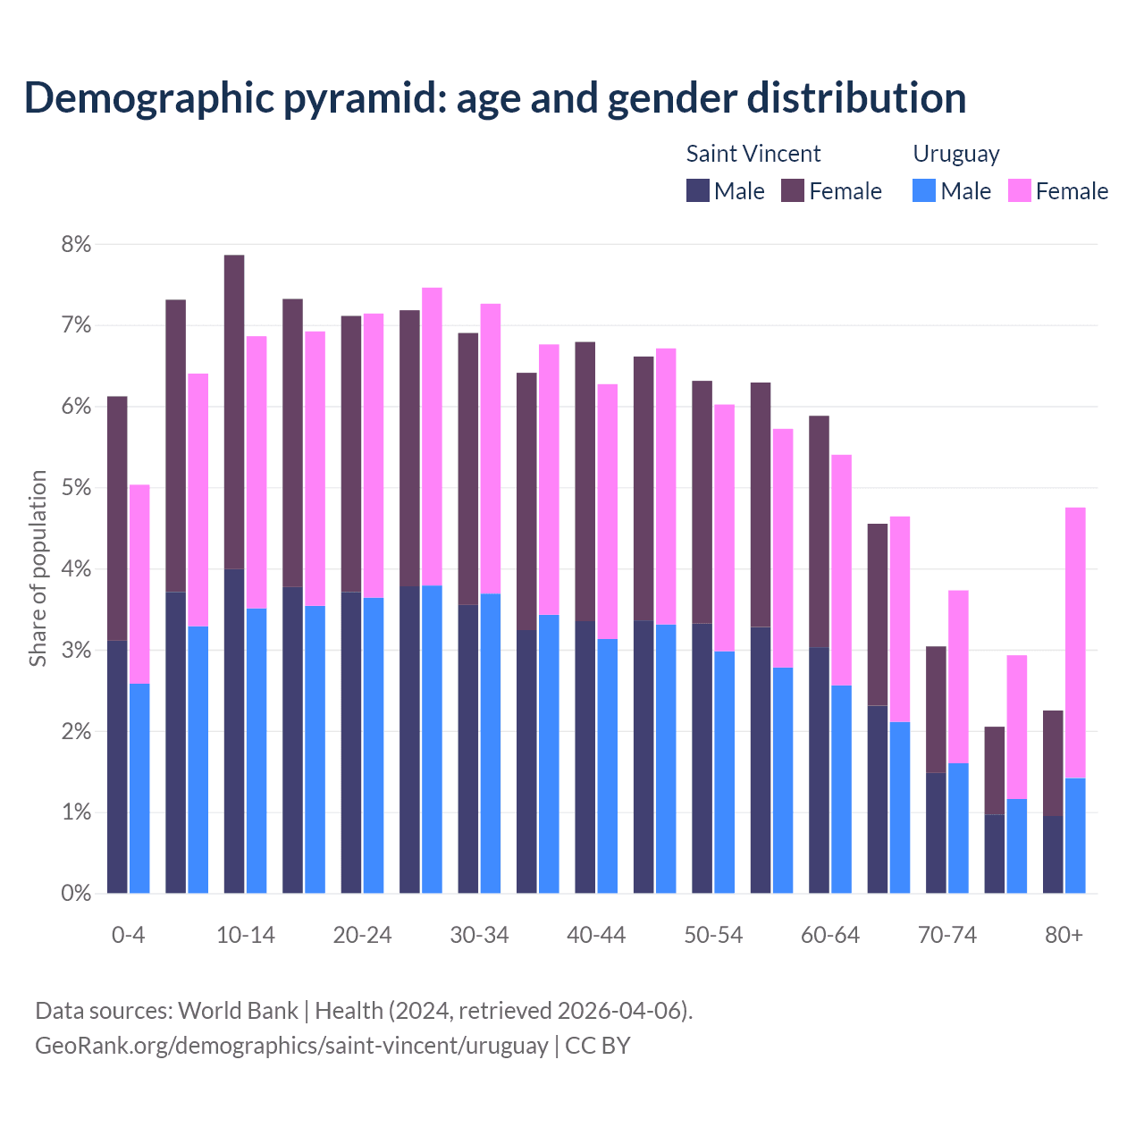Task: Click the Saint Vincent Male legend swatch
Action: (x=698, y=190)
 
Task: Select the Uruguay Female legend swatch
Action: (x=1020, y=190)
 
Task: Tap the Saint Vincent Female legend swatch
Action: (x=793, y=190)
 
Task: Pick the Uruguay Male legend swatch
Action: (x=924, y=190)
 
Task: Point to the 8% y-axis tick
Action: (x=75, y=244)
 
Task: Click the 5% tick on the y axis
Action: (x=75, y=488)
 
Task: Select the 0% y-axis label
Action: (x=75, y=893)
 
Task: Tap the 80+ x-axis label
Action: (x=1064, y=935)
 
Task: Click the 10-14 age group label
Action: (x=246, y=935)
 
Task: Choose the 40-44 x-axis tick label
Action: (x=596, y=935)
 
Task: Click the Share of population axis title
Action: (x=38, y=568)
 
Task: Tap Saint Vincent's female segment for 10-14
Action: (x=234, y=411)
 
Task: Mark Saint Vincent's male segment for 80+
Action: (x=1053, y=854)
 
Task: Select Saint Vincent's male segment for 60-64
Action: (x=819, y=770)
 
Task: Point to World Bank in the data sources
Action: (x=238, y=1011)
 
